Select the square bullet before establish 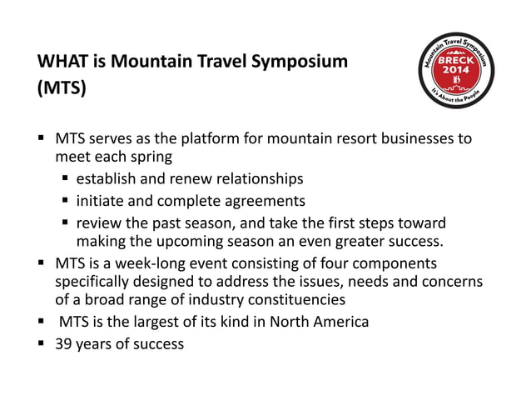coord(64,179)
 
